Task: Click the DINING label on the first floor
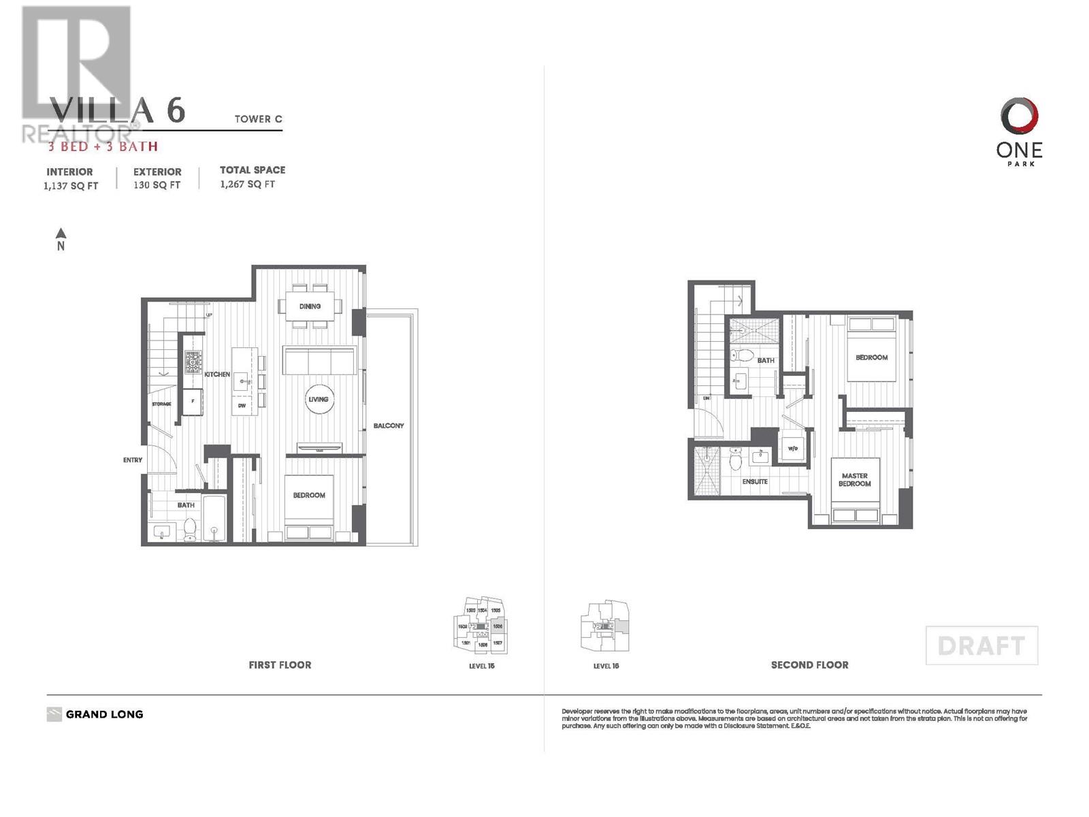point(310,306)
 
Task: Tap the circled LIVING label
point(318,400)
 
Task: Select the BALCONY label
point(389,426)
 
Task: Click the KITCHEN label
point(217,374)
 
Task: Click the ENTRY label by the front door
point(133,460)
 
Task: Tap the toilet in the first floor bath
point(190,528)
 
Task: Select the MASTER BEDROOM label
point(854,480)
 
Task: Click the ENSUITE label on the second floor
point(755,482)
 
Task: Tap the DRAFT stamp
point(981,645)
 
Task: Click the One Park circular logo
point(1019,116)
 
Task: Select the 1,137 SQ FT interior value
point(71,186)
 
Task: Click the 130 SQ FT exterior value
point(157,185)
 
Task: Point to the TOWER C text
point(258,119)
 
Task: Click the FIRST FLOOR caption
point(280,665)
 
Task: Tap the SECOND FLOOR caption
point(809,665)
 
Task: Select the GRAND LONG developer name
point(104,715)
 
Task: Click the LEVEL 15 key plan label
point(481,666)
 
